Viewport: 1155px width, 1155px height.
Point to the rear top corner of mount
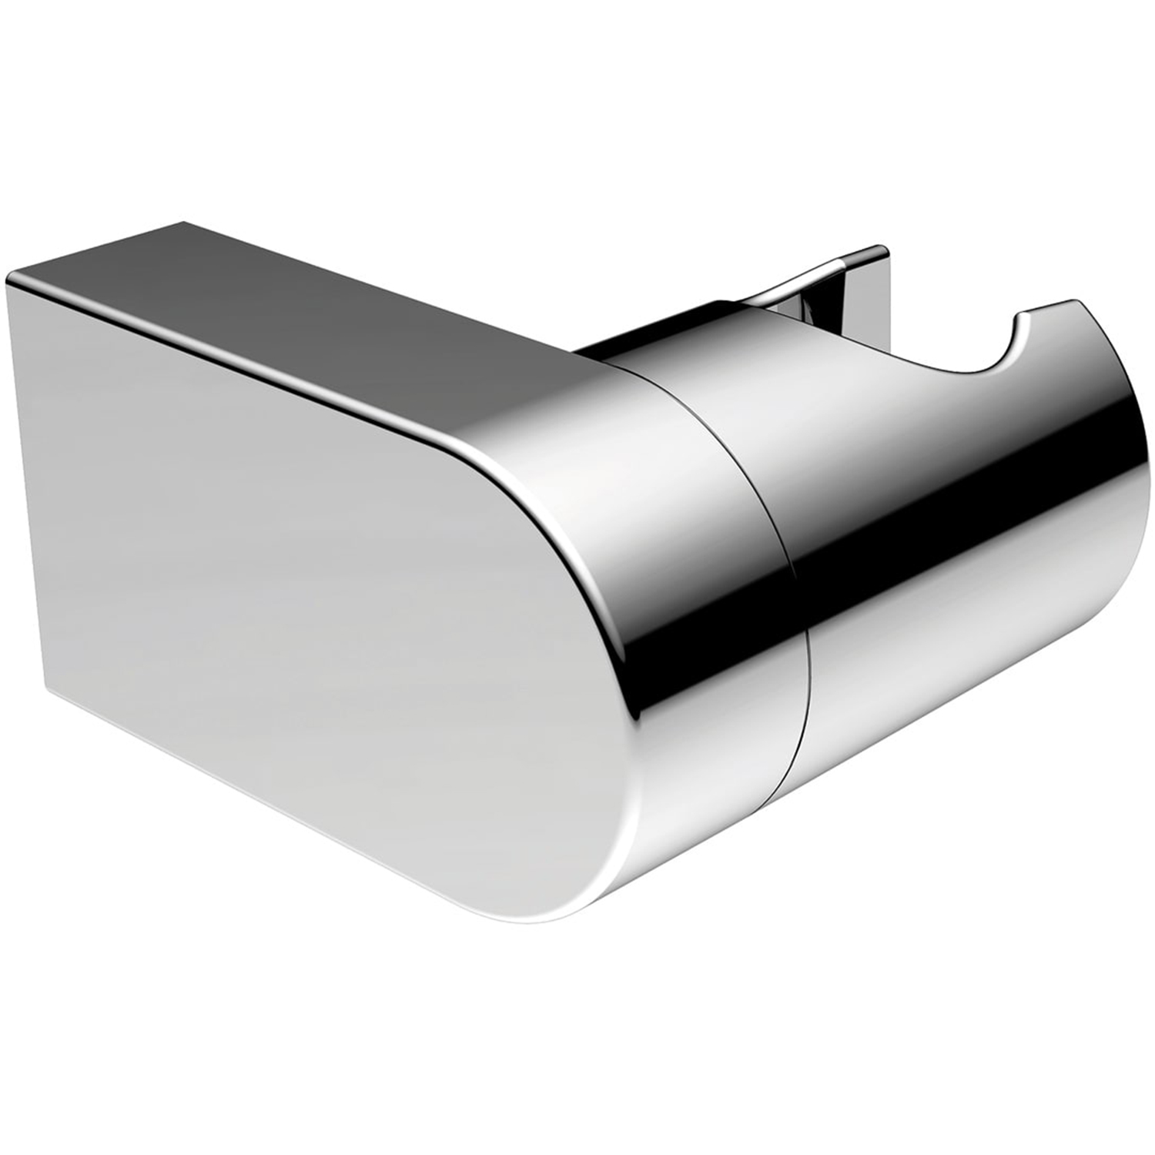tap(185, 223)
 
